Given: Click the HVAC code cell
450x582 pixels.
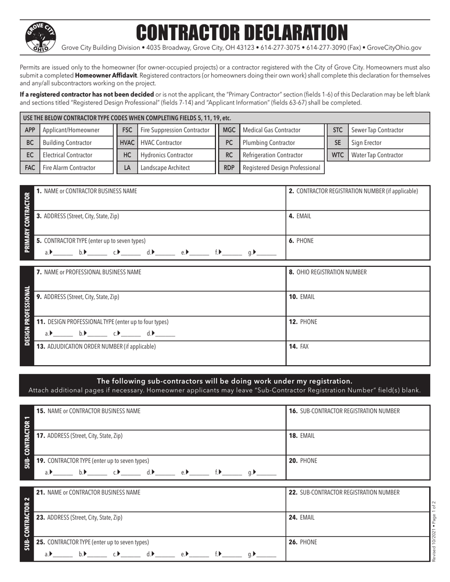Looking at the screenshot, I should coord(127,142).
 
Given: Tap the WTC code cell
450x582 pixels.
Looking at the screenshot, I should coord(337,155).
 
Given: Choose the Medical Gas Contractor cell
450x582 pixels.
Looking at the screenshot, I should coord(271,130).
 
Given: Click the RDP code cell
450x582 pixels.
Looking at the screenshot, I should coord(229,168).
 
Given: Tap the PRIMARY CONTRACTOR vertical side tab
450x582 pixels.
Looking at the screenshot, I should coord(27,222).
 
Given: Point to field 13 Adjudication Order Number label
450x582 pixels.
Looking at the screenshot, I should coord(96,346).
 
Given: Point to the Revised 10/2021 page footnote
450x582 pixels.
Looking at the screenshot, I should coord(434,531).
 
